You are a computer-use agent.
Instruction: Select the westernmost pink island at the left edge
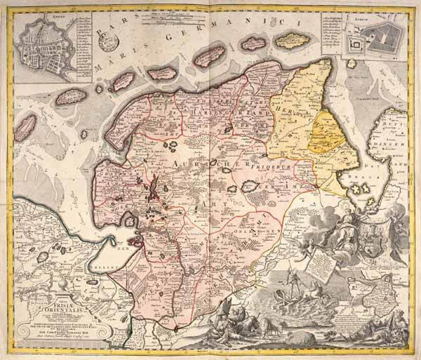(x=25, y=127)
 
